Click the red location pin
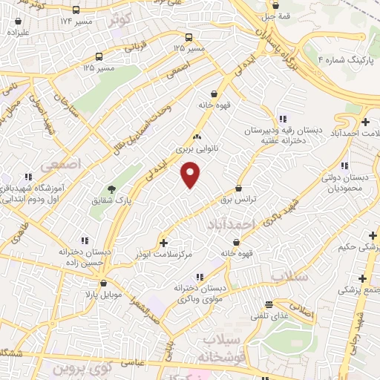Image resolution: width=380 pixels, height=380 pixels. coord(191,174)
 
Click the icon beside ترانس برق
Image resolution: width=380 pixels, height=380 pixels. coord(238,189)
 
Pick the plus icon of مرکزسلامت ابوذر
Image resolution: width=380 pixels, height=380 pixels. coord(164,242)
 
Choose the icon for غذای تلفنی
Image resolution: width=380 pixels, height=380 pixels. coord(269,304)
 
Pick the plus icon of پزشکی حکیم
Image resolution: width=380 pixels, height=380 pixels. coord(372,235)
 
